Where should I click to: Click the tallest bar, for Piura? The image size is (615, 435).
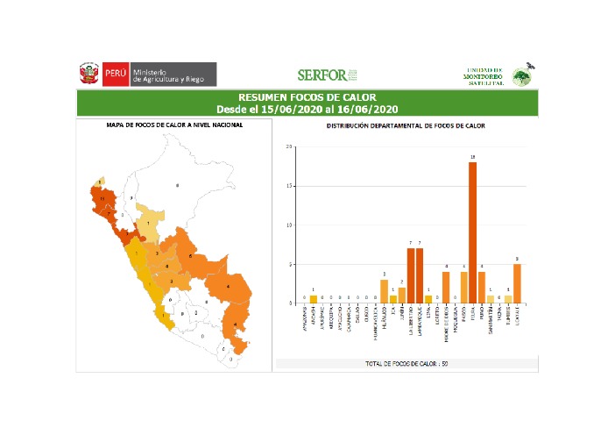[472, 232]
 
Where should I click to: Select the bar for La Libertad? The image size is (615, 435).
[410, 275]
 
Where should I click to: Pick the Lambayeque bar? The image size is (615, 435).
[421, 275]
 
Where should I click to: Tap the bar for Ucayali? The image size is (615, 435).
[517, 283]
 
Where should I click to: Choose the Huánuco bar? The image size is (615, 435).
[384, 291]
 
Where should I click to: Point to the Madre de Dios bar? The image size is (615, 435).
[446, 287]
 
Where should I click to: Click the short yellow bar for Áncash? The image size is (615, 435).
[313, 299]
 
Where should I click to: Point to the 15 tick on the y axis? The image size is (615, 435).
[290, 186]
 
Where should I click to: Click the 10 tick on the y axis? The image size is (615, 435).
[290, 225]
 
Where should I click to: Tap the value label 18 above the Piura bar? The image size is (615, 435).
[472, 158]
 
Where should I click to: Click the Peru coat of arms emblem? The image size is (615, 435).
[88, 74]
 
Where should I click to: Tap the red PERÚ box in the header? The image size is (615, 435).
[115, 74]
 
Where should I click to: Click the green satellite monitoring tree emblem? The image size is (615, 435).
[522, 75]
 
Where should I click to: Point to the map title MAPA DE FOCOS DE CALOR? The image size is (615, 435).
[174, 125]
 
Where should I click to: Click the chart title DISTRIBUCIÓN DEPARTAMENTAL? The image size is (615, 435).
[406, 125]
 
